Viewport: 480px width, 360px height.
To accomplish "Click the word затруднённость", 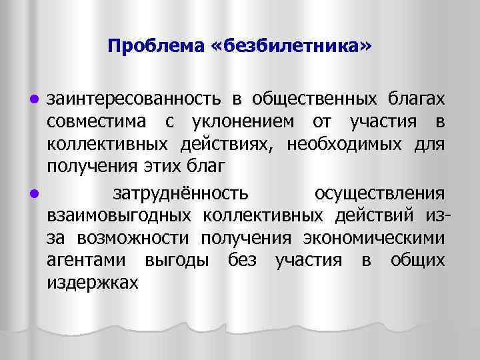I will (x=181, y=193).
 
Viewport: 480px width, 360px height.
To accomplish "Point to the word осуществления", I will (x=379, y=193).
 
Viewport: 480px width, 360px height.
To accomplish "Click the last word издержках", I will (x=93, y=283).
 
